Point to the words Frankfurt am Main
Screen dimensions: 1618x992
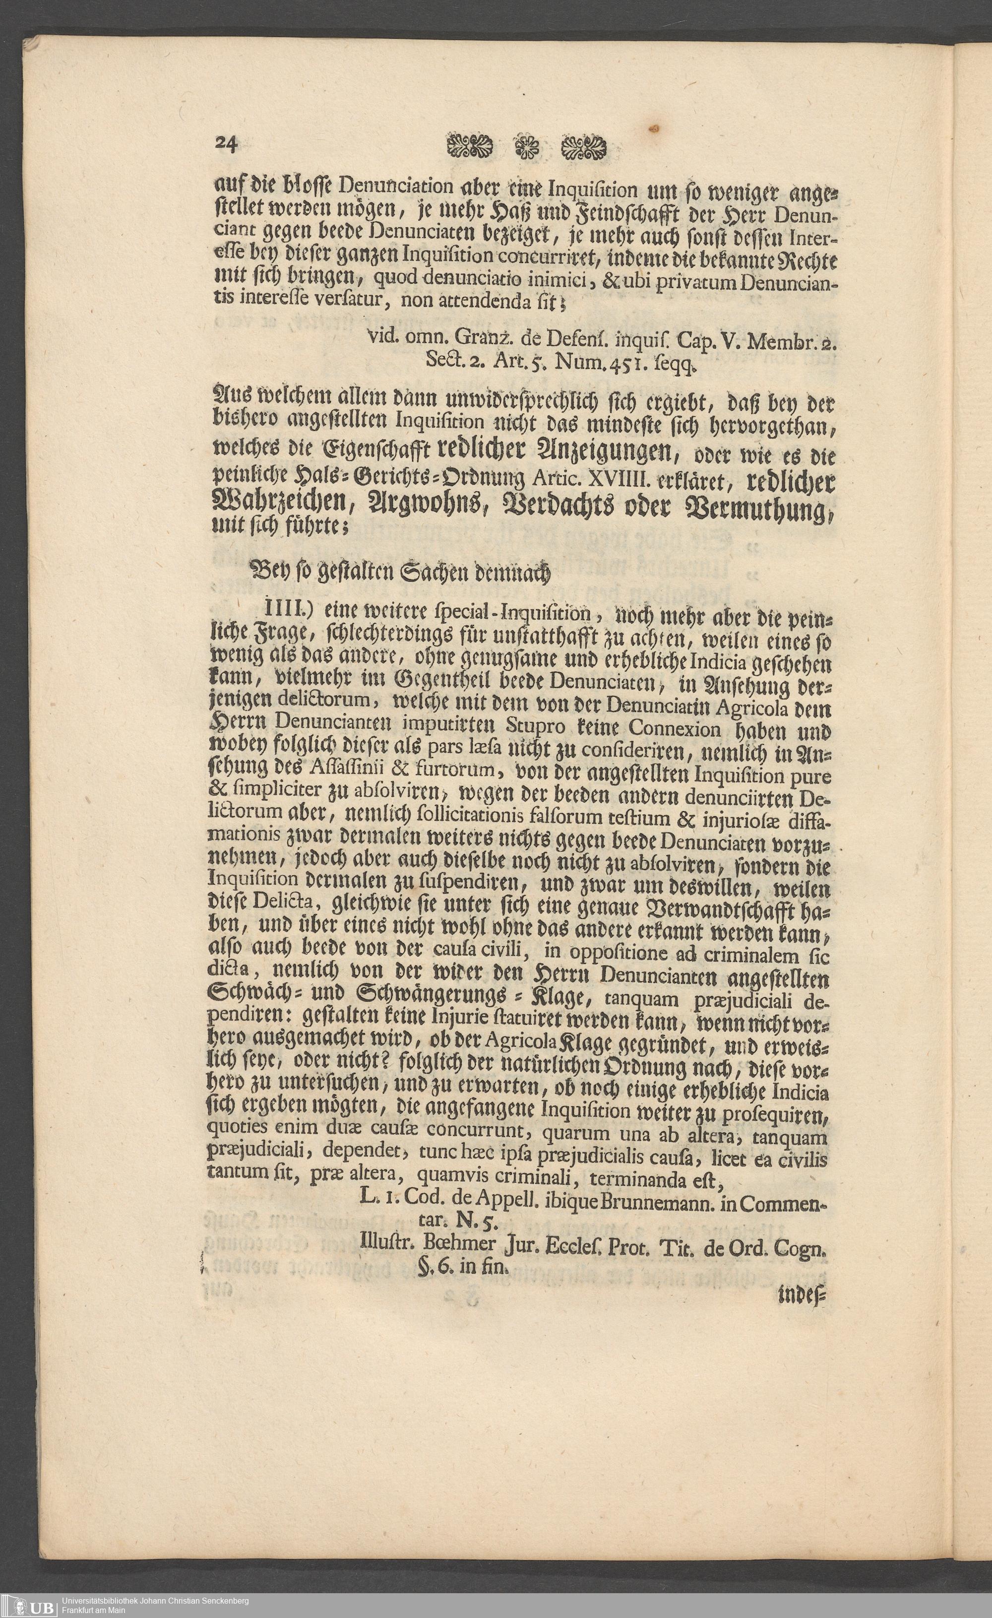pyautogui.click(x=94, y=1611)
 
